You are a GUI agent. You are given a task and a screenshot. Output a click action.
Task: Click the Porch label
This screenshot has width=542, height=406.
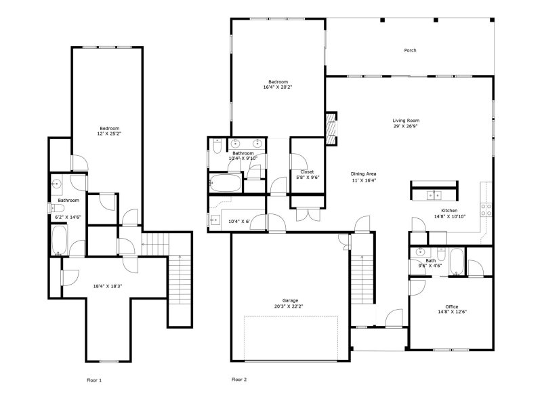click(410, 50)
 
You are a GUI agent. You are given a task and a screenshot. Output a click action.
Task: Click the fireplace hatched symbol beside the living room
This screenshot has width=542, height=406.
click(331, 127)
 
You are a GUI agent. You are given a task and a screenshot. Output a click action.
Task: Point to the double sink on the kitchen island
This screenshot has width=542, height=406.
click(433, 195)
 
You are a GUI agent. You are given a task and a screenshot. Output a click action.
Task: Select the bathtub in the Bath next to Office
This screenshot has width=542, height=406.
click(457, 262)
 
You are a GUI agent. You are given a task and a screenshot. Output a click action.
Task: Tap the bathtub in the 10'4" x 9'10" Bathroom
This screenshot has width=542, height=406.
click(223, 184)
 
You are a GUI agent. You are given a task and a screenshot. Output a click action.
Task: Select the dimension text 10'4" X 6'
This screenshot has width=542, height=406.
click(238, 222)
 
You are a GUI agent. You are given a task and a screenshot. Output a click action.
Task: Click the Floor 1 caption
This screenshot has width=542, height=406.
click(95, 380)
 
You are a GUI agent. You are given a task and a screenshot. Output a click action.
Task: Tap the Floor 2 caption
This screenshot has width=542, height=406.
click(238, 380)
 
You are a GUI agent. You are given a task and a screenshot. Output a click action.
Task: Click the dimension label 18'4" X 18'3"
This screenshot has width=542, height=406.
click(108, 286)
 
